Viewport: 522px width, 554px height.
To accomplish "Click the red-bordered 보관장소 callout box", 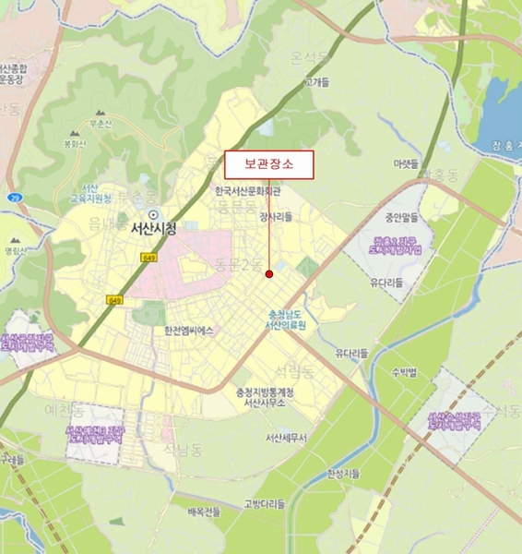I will coord(268,164).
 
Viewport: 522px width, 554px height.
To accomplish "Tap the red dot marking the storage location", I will coord(269,273).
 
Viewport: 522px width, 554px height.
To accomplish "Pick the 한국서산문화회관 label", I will coord(247,192).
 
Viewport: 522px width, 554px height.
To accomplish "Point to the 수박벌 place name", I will coord(405,372).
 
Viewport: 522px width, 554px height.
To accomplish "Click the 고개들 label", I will coord(317,82).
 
